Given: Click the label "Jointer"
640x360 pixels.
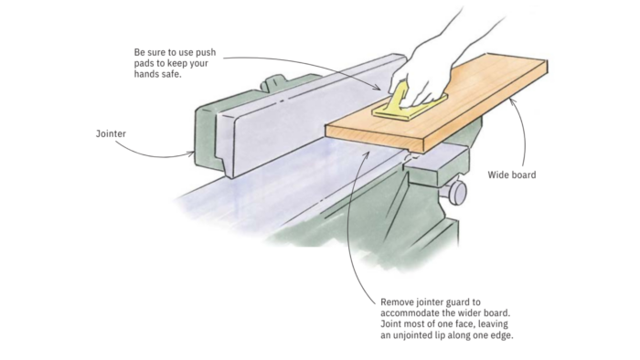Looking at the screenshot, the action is (111, 133).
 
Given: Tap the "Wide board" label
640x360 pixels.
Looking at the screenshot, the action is (512, 175).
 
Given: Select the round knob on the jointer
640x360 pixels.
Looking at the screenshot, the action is (457, 192).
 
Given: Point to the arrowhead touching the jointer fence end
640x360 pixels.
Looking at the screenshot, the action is (190, 154).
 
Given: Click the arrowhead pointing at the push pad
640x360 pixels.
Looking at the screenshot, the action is (377, 87).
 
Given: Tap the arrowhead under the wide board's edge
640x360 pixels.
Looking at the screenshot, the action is (512, 102).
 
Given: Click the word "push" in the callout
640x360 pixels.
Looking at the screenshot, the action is (206, 53).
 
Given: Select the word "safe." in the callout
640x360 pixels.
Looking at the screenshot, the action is (172, 75).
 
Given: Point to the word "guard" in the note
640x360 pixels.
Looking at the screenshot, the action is (457, 302).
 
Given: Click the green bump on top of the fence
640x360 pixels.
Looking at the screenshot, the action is (273, 82).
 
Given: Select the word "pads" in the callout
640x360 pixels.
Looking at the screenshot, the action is (144, 64).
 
